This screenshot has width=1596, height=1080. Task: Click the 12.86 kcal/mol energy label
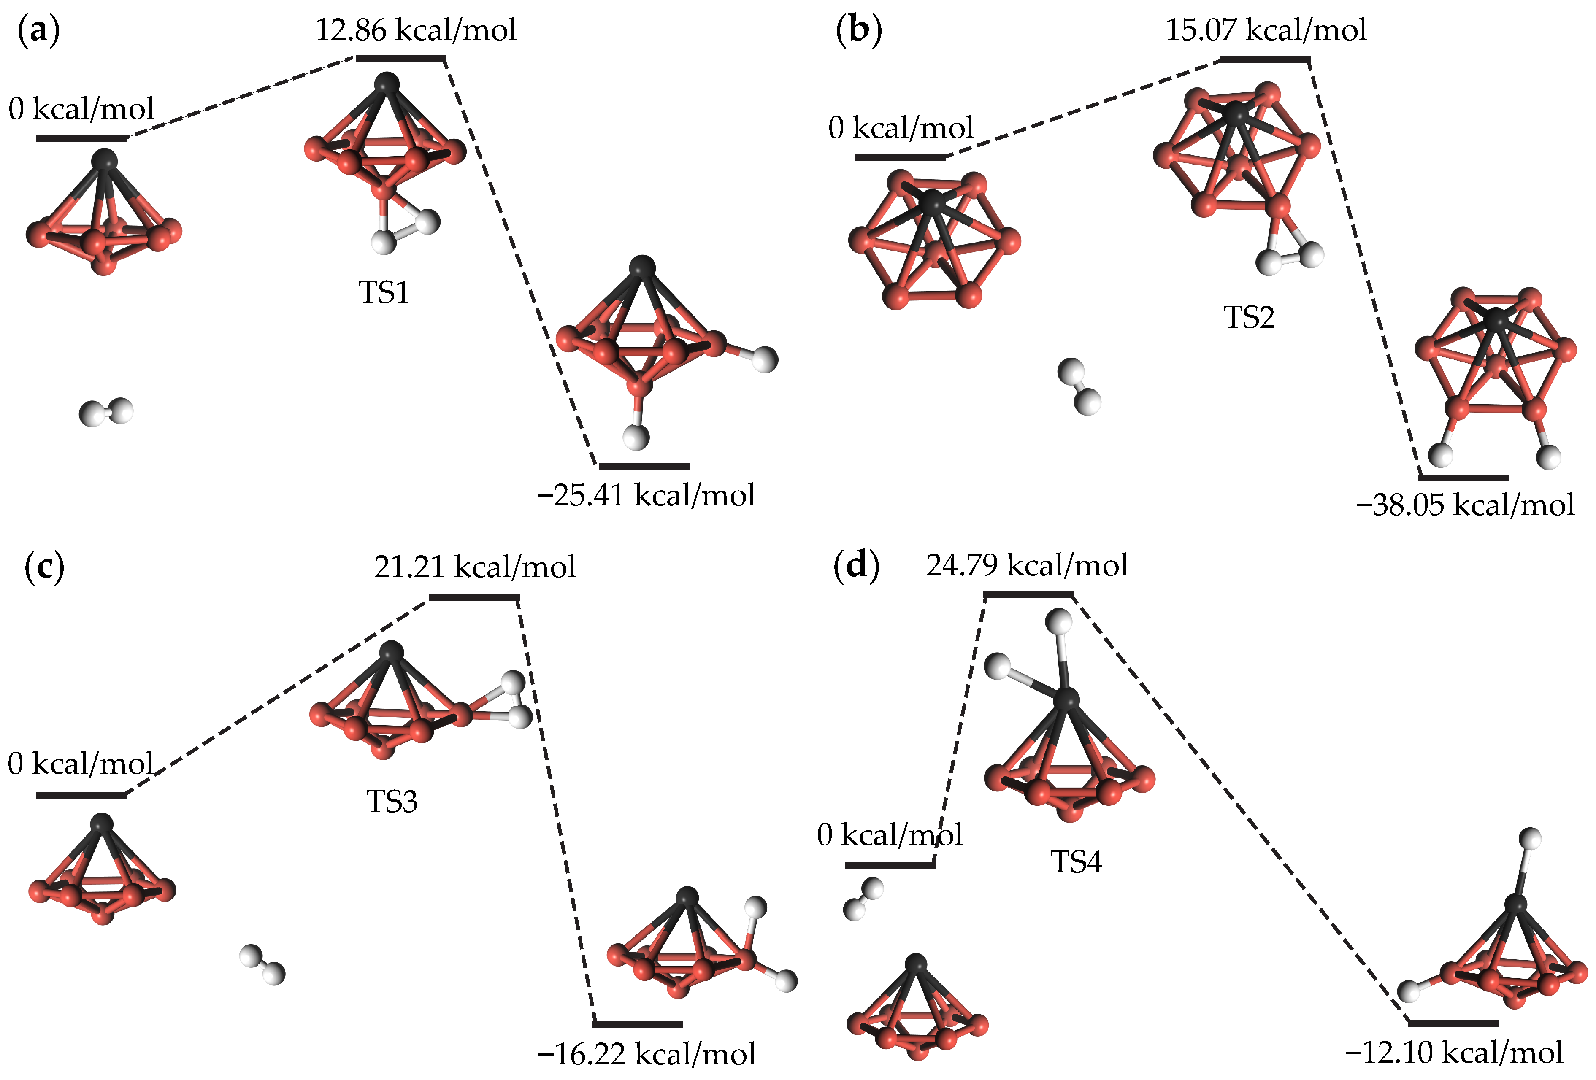tap(416, 31)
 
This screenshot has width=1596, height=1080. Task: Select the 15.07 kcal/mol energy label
tap(1265, 31)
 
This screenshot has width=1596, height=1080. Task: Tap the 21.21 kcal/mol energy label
tap(475, 567)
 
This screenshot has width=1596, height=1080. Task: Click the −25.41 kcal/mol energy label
tap(646, 495)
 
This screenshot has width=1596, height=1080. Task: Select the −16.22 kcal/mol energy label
tap(646, 1054)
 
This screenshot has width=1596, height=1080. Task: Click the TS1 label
tap(384, 292)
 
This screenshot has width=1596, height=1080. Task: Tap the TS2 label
tap(1249, 317)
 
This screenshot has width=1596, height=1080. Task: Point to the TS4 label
tap(1076, 861)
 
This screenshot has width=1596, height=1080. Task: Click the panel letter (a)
tap(38, 31)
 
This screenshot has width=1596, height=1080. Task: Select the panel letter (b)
tap(858, 31)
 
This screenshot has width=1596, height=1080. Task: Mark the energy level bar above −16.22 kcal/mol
tap(638, 1024)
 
